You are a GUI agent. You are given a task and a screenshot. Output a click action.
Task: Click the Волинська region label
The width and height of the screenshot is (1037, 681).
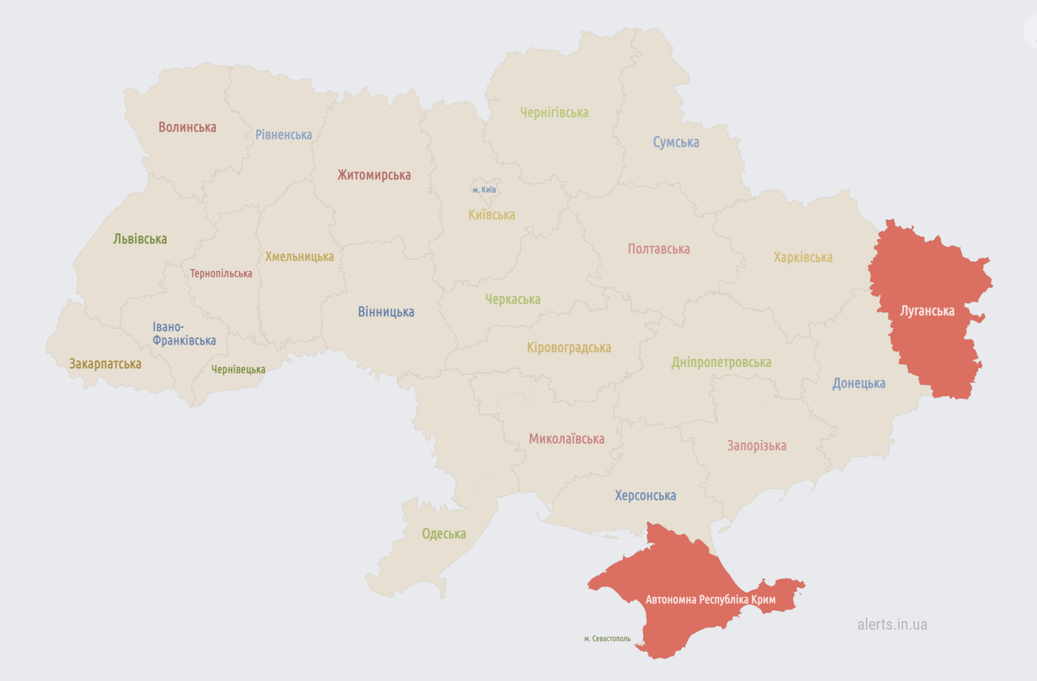(187, 127)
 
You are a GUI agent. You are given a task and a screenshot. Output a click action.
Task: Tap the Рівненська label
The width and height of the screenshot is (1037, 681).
(283, 135)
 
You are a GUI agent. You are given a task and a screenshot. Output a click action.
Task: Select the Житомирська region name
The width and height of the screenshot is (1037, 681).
(374, 175)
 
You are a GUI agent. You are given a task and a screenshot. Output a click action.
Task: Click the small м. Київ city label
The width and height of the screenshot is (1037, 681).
(484, 190)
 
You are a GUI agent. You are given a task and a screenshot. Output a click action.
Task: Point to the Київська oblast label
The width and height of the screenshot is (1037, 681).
(491, 215)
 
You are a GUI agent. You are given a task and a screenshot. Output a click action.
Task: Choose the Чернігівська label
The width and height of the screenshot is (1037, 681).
(554, 112)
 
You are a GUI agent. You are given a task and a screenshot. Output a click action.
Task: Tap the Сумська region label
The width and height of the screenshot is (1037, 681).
(675, 142)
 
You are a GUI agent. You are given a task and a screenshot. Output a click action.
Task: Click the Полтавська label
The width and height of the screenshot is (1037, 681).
(658, 249)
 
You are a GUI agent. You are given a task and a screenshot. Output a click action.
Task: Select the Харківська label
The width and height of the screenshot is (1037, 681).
(803, 257)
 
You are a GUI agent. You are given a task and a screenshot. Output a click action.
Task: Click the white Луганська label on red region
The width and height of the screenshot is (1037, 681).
(927, 311)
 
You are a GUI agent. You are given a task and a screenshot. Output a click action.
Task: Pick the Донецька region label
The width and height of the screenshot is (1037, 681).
(858, 384)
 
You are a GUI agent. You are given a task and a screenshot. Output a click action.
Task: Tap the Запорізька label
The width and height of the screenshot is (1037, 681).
(756, 445)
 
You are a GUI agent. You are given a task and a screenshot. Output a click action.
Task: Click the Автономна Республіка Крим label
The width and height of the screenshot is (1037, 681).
(710, 599)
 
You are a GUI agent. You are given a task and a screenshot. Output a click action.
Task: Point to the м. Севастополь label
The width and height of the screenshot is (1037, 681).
(607, 639)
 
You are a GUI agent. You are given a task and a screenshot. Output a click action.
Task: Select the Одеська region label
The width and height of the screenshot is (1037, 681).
(444, 534)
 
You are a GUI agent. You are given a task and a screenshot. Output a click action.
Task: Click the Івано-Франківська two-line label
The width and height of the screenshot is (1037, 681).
(183, 334)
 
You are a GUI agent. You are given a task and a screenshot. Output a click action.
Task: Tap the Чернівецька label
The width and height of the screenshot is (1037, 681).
(238, 369)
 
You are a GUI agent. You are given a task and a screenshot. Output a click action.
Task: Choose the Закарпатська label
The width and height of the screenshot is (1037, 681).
(105, 364)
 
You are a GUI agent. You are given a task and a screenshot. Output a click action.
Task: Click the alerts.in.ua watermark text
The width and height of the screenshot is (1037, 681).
(892, 624)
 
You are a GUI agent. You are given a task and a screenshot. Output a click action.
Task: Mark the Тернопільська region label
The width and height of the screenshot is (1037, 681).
(221, 273)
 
